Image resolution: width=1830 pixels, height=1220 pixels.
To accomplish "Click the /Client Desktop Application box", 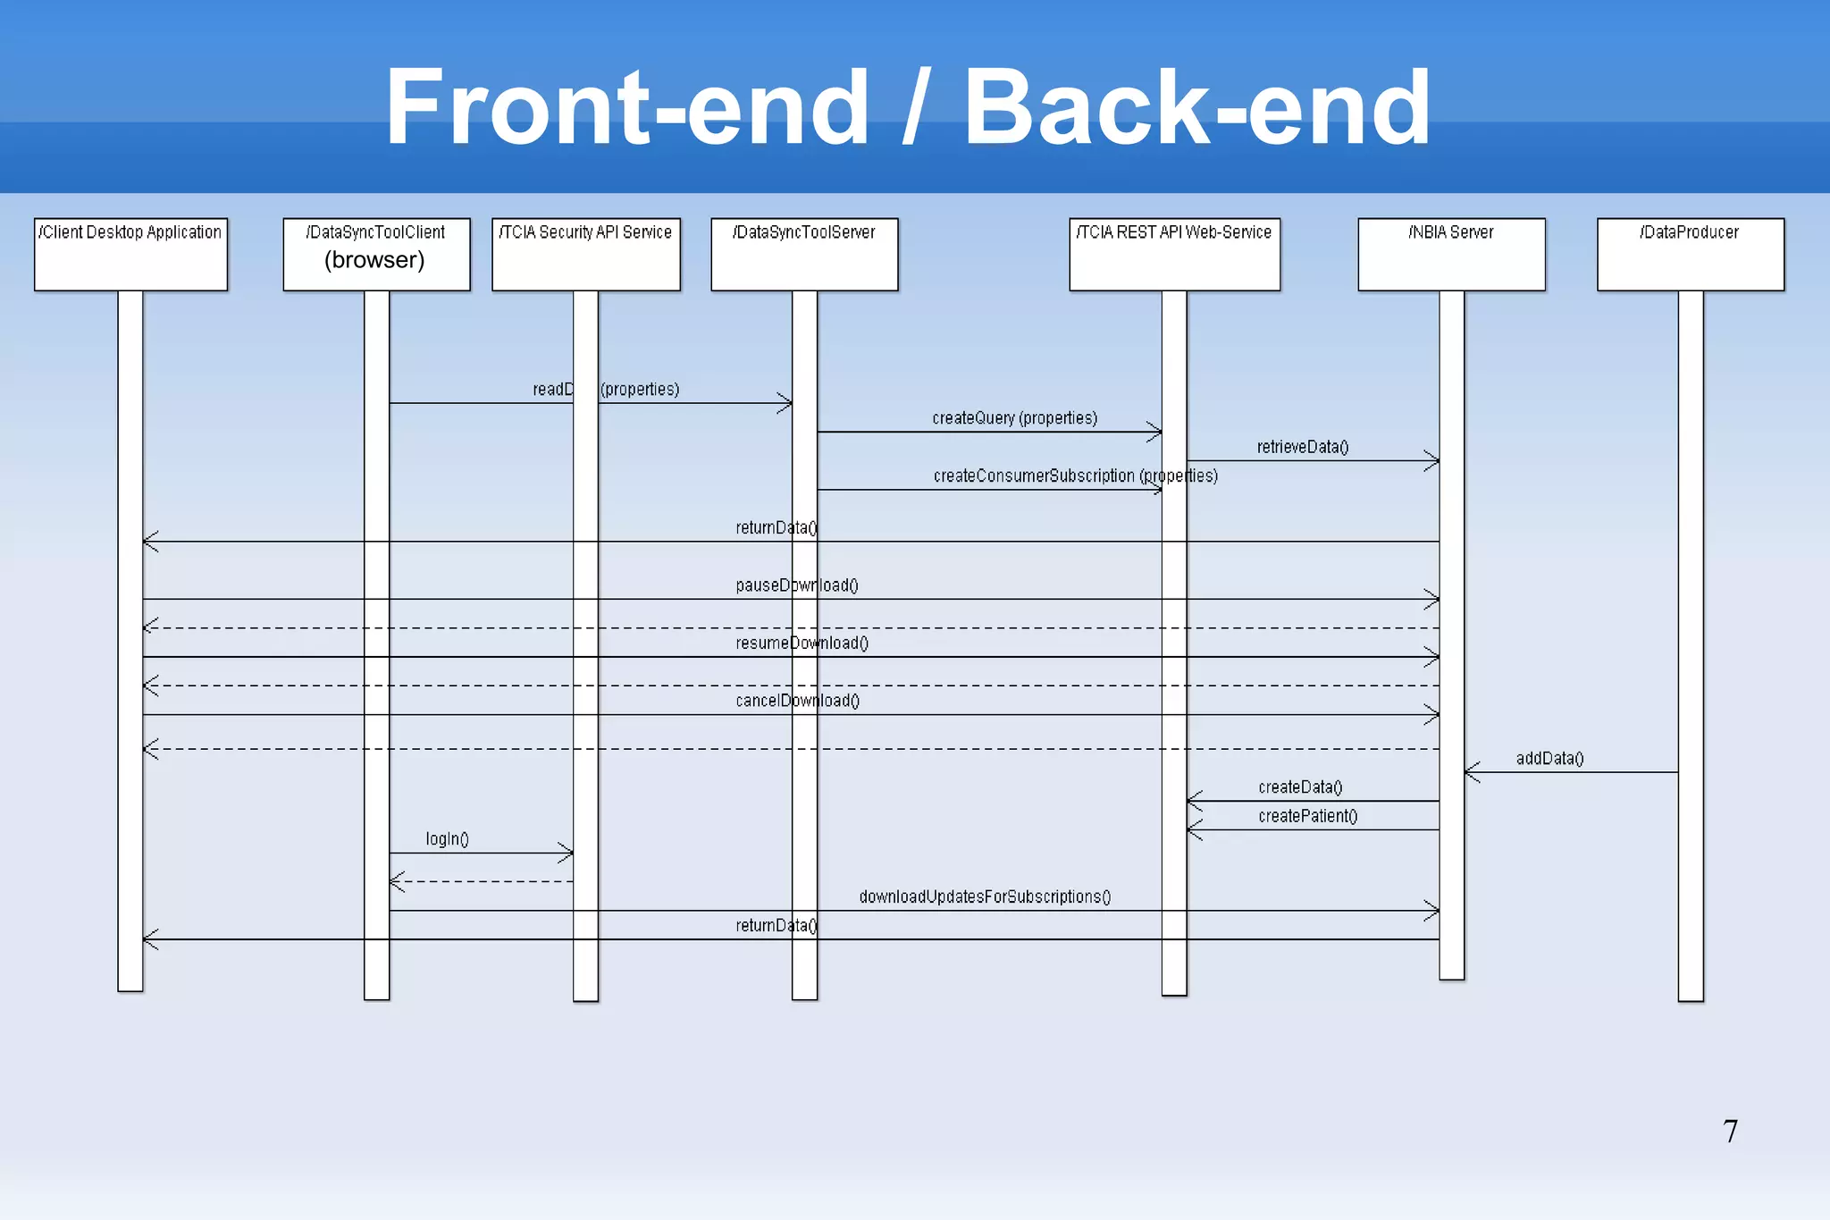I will pos(130,254).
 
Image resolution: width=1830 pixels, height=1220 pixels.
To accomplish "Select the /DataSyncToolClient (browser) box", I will pos(376,254).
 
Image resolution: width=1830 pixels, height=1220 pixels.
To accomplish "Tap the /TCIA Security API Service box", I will pos(585,254).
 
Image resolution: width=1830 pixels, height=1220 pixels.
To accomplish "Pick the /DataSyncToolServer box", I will pos(804,254).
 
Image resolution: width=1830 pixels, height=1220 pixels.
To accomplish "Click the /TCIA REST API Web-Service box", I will pos(1174,254).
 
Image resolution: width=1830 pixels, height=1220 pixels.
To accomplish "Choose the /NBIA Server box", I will pos(1451,254).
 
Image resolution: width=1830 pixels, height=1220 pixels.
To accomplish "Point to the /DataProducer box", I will pos(1690,254).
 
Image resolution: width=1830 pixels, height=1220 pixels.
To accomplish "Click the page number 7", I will pos(1730,1132).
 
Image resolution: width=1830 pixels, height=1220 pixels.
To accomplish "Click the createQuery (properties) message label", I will pos(1014,418).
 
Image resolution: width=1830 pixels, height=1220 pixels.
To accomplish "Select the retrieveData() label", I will pos(1302,447).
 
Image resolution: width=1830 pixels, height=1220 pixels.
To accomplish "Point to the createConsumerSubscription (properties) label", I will pos(1075,475).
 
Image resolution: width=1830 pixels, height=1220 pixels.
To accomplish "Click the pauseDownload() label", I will pos(796,585).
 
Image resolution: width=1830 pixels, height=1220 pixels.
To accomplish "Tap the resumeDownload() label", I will pos(802,644).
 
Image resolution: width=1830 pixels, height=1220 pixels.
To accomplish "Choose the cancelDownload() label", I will pos(797,701).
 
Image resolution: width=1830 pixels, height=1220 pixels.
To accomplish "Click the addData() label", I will pos(1549,759).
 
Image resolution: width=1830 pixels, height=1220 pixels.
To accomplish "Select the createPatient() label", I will pos(1307,816).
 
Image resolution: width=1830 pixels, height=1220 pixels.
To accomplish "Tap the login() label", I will pos(447,839).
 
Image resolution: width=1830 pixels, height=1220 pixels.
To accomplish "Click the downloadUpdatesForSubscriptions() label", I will pos(985,896).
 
